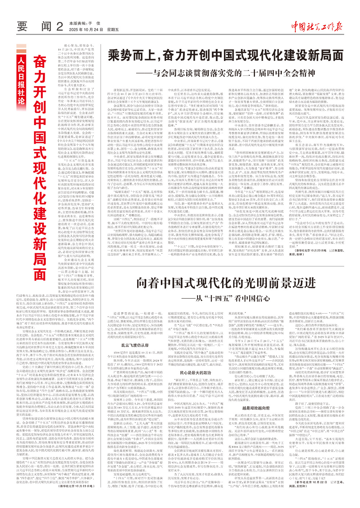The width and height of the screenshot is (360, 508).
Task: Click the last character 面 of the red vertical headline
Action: [x=40, y=273]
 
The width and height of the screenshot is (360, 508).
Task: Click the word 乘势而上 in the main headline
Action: [x=131, y=56]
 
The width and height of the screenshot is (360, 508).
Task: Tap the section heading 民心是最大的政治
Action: [x=196, y=373]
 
